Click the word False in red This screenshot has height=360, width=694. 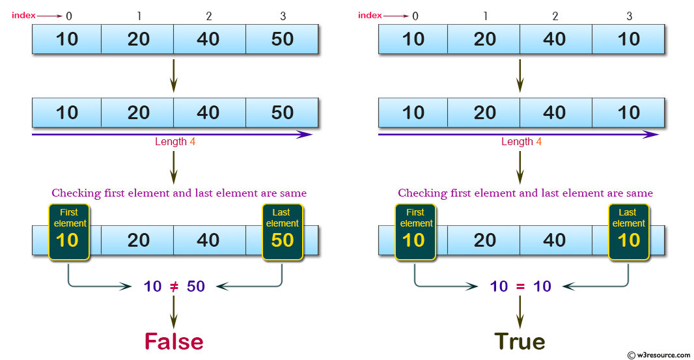click(174, 341)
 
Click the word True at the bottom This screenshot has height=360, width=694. click(520, 341)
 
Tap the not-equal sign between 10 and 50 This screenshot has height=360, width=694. click(174, 286)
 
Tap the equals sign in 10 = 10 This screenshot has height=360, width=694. click(520, 287)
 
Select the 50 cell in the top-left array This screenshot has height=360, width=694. click(282, 39)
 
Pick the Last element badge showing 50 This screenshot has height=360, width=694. click(283, 232)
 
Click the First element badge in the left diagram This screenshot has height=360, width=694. click(69, 232)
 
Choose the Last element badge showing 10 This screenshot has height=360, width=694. click(628, 232)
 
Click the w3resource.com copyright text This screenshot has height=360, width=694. click(659, 355)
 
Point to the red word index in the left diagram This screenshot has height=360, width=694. click(23, 16)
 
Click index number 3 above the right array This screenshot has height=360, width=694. click(629, 16)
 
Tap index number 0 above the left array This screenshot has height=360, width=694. click(68, 16)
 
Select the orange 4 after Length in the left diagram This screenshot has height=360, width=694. click(193, 142)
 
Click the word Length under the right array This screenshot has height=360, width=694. click(517, 142)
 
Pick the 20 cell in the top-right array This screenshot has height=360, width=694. click(484, 39)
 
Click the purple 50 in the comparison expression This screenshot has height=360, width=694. click(195, 286)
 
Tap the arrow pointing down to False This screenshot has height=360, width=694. click(174, 312)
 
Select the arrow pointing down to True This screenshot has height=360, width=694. click(520, 312)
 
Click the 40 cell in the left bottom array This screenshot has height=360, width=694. click(209, 240)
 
